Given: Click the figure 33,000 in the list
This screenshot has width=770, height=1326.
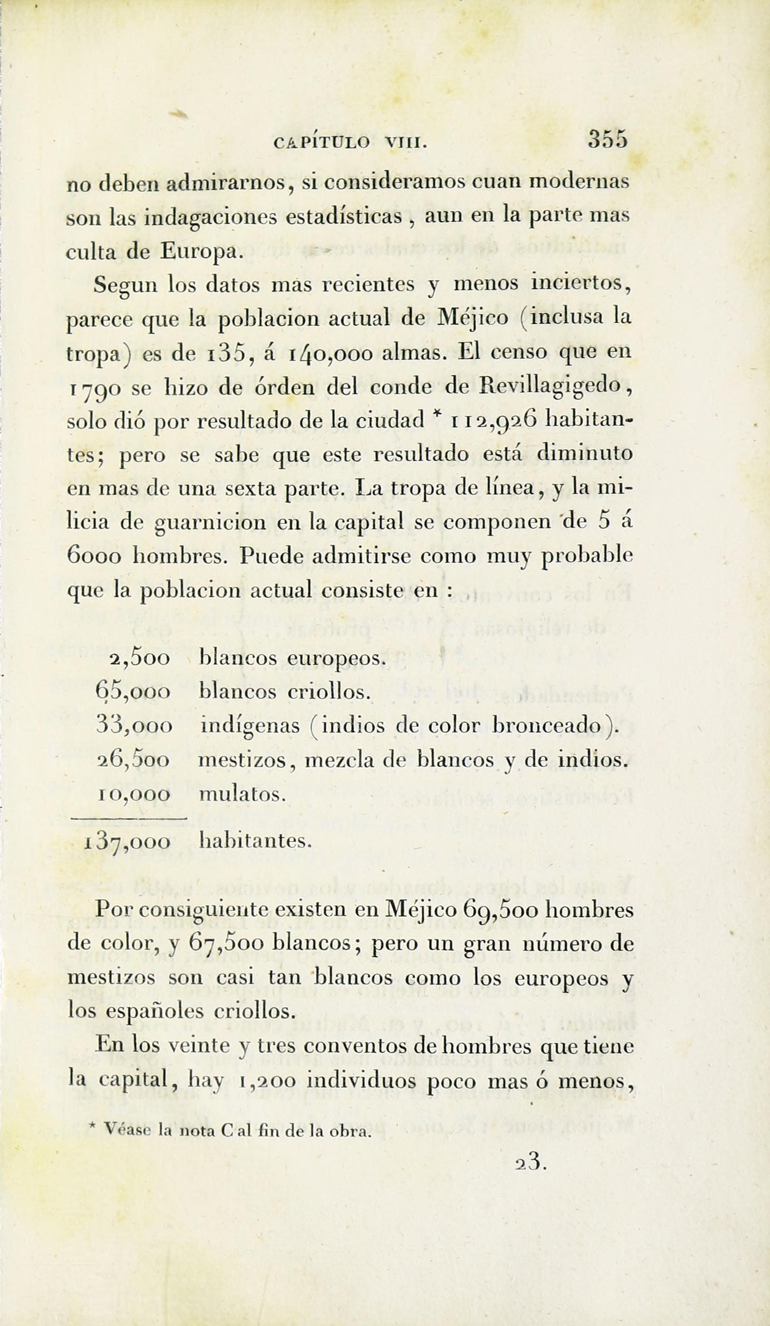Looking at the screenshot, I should click(134, 726).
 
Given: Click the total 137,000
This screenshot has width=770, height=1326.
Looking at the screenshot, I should click(127, 842).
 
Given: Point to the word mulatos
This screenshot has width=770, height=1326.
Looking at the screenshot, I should click(242, 794).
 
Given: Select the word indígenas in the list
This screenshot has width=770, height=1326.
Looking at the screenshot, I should click(250, 727).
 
